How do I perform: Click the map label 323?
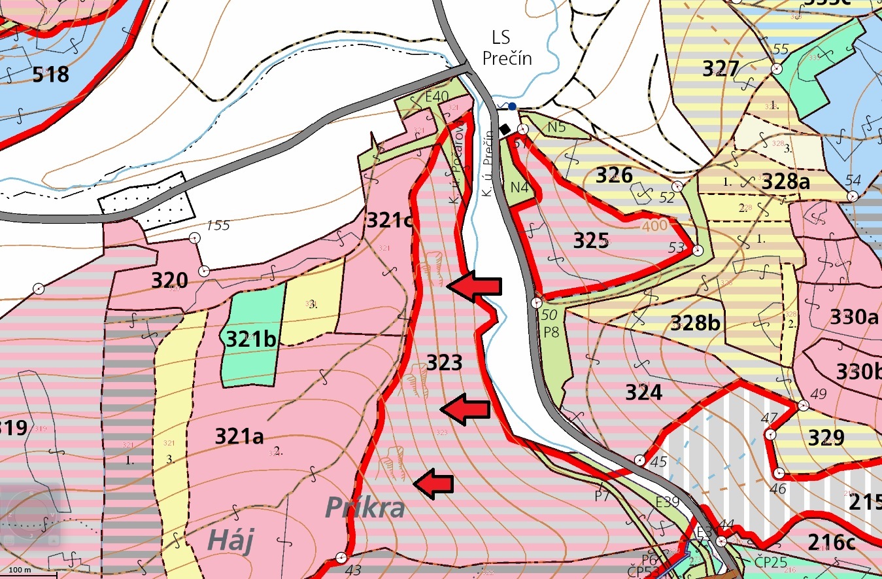[x=444, y=362]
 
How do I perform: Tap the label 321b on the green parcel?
[x=250, y=339]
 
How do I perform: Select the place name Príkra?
[x=365, y=508]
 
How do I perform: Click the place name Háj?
[x=229, y=541]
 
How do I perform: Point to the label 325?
[x=591, y=241]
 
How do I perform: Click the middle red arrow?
[x=465, y=408]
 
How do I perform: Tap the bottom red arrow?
[x=433, y=483]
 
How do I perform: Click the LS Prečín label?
[x=507, y=48]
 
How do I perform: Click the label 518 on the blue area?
[x=50, y=74]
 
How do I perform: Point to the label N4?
[x=519, y=187]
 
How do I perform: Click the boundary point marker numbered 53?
[x=697, y=250]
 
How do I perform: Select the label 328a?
[x=785, y=182]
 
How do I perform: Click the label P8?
[x=551, y=331]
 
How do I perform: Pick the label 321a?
[x=239, y=436]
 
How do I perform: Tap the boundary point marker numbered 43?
[x=341, y=557]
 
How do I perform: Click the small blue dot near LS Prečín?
[x=512, y=106]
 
